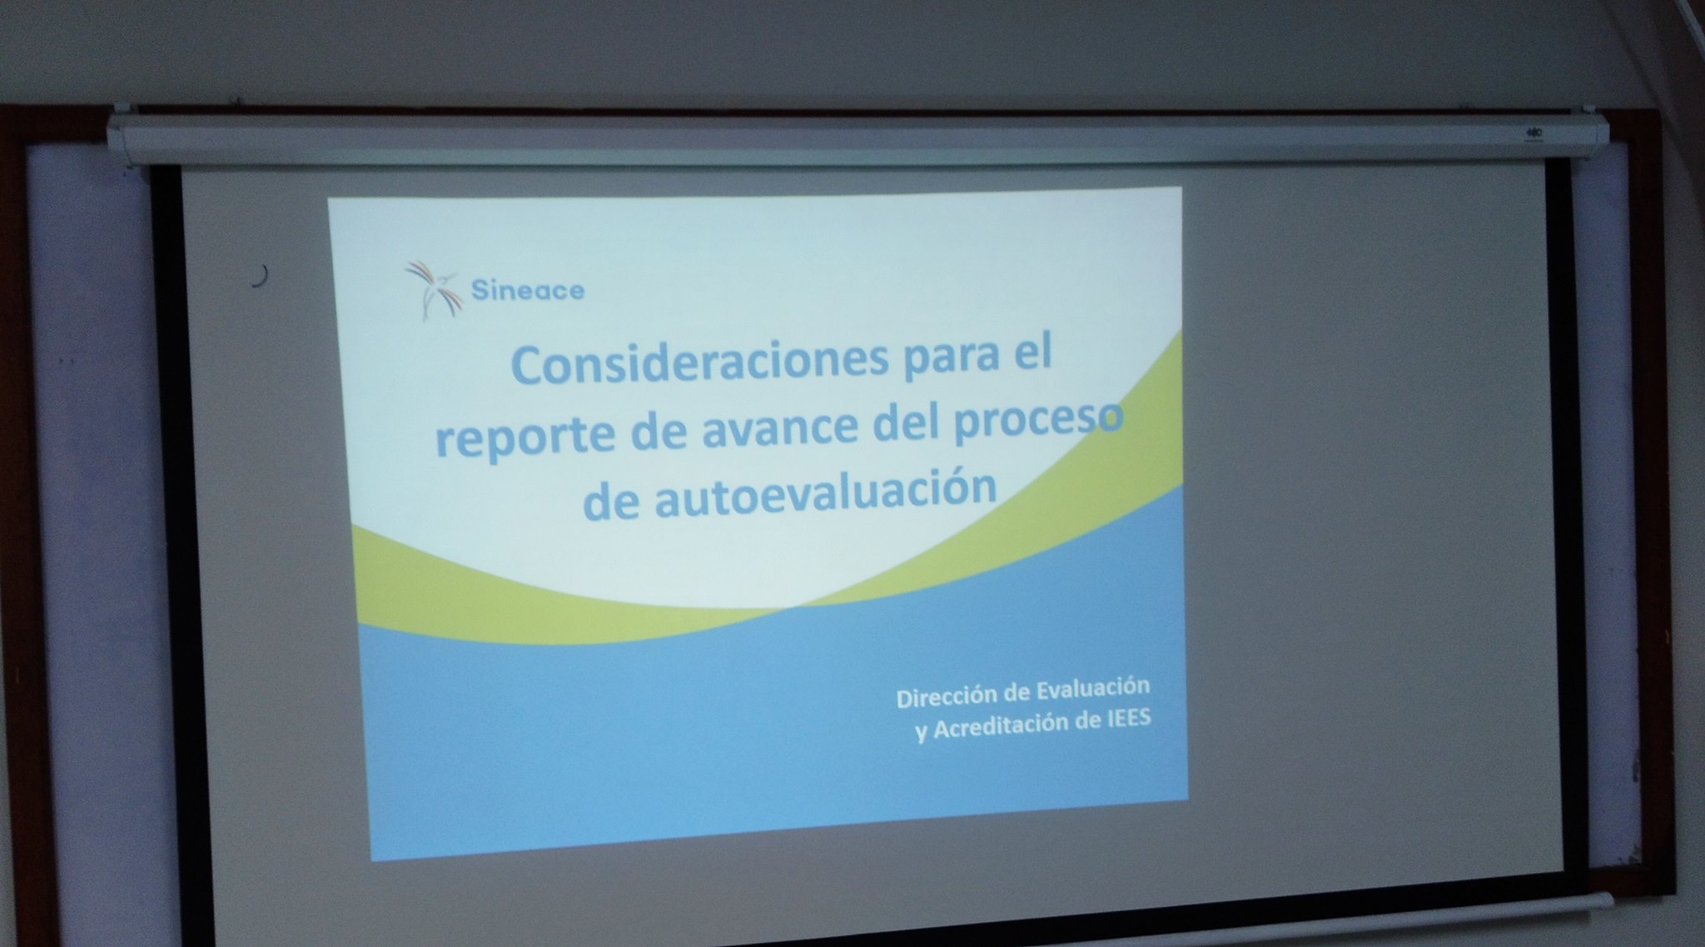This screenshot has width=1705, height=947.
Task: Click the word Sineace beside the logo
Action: (528, 290)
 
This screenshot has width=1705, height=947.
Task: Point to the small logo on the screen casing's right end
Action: (1534, 131)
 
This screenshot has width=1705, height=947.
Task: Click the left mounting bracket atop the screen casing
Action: (122, 108)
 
